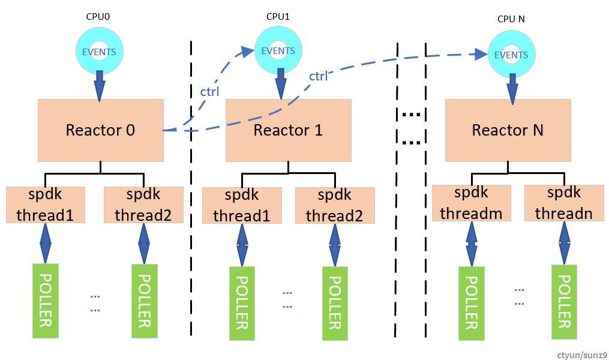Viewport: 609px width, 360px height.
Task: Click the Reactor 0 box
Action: [100, 130]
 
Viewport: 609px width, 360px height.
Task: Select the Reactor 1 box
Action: [288, 130]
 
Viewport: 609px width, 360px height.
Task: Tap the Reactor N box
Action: [508, 130]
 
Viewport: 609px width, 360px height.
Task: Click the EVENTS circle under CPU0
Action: [100, 52]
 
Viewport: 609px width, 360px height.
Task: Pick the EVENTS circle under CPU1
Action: [278, 50]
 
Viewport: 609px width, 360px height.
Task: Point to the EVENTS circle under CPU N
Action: [511, 55]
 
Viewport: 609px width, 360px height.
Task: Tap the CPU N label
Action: [511, 19]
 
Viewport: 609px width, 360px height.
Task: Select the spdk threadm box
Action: [471, 203]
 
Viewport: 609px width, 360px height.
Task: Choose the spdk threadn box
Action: [564, 203]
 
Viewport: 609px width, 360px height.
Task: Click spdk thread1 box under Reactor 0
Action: [45, 205]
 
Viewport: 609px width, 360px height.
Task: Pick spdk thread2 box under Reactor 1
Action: [335, 206]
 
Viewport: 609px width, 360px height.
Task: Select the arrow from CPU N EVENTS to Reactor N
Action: [512, 88]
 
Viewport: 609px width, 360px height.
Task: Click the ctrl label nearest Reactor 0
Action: [209, 92]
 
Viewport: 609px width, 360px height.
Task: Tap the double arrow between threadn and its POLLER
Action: [564, 243]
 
